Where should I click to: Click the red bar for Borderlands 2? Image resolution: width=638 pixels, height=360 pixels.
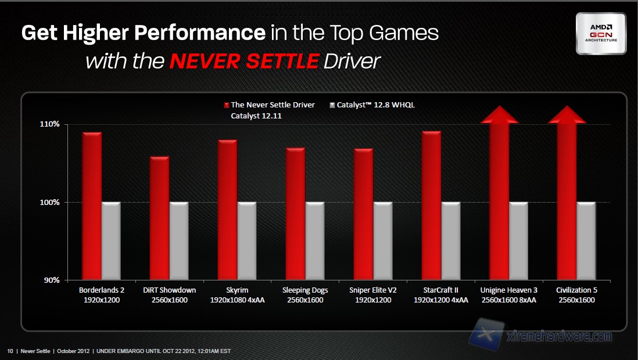click(92, 206)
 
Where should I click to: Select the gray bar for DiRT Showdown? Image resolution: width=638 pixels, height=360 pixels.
click(179, 240)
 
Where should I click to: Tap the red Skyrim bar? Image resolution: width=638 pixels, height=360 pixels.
click(227, 209)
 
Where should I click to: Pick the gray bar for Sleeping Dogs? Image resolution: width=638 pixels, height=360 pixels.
click(315, 240)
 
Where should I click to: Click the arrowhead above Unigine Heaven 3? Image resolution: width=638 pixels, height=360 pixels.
click(500, 114)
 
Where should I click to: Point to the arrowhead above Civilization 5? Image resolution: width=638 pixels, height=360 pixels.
click(567, 114)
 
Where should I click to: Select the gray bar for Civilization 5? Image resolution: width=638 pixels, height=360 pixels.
click(586, 240)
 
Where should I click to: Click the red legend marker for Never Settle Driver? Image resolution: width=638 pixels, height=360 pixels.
click(226, 105)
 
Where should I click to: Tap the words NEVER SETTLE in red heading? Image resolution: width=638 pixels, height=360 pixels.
click(243, 60)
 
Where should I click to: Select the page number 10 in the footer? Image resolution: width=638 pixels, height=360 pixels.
click(10, 351)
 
